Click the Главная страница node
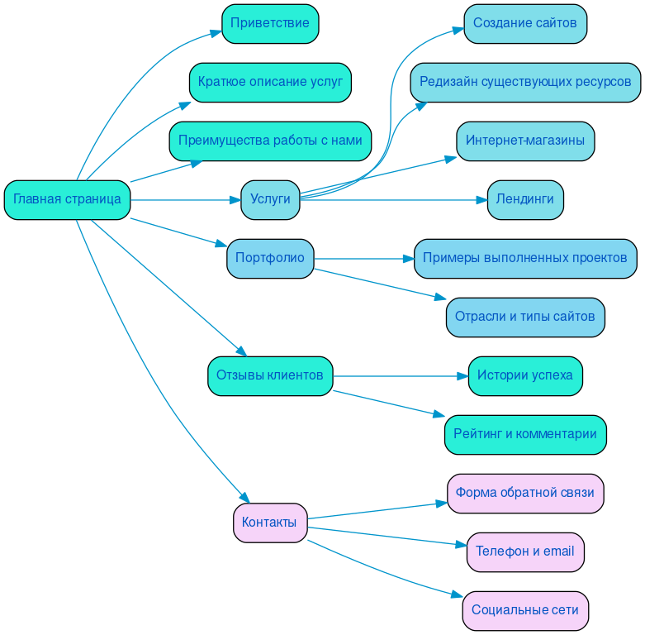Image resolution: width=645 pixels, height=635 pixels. [x=67, y=199]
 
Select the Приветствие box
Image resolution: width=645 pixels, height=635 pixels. [x=270, y=23]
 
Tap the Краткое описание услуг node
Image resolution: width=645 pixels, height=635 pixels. [x=270, y=82]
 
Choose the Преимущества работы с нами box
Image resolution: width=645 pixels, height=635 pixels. [x=270, y=141]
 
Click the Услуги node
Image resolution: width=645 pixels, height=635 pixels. [x=270, y=199]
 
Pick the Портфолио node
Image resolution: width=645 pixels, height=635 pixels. [x=270, y=258]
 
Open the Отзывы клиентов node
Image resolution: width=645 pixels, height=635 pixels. [x=270, y=375]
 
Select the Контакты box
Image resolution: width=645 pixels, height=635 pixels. [x=270, y=523]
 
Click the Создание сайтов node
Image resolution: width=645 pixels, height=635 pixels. [x=525, y=23]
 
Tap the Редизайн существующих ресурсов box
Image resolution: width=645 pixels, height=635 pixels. [x=525, y=82]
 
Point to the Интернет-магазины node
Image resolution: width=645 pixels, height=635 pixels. [x=525, y=141]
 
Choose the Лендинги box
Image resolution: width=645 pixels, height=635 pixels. [x=525, y=199]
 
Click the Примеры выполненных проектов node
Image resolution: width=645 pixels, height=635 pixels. [x=525, y=258]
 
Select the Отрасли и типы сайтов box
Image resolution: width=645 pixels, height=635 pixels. [x=525, y=317]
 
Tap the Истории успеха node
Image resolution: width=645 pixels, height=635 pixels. [x=525, y=375]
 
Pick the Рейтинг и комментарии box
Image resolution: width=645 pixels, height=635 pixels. [x=525, y=434]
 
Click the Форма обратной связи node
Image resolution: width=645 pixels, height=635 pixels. [x=525, y=493]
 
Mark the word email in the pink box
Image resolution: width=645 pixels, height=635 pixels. [x=558, y=551]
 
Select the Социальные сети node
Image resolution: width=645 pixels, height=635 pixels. [x=525, y=610]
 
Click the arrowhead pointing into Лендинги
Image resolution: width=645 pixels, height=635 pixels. [x=481, y=199]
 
